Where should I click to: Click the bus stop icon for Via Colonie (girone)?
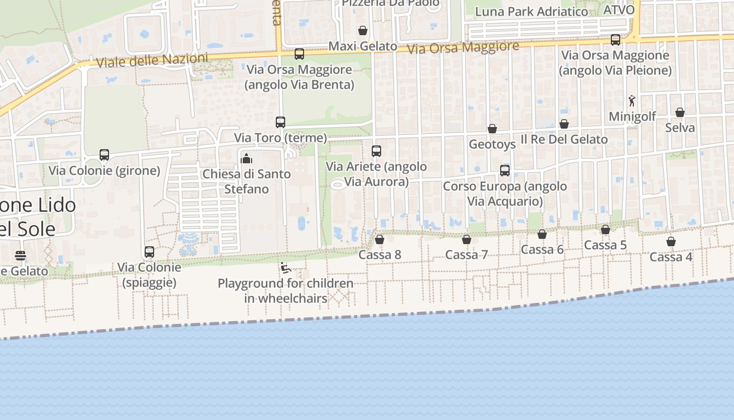104,155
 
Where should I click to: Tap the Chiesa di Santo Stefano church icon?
246,158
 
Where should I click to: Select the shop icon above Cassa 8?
380,239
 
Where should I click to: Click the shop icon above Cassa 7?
467,239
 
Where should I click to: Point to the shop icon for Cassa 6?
542,234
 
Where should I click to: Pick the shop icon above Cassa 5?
606,229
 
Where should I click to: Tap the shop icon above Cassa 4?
671,241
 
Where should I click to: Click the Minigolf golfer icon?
632,101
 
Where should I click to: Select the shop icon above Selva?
680,112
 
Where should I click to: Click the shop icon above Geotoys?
492,129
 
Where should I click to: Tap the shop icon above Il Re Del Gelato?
564,124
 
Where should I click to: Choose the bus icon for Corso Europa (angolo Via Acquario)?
505,170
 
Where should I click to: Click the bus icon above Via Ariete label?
376,151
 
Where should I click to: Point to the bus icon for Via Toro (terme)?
280,122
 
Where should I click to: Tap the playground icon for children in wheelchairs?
286,268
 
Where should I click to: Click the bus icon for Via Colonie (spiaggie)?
149,252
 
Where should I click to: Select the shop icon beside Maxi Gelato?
362,30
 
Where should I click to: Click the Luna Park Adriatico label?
531,12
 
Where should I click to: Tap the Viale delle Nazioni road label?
152,60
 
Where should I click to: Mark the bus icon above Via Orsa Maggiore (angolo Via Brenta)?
299,54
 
